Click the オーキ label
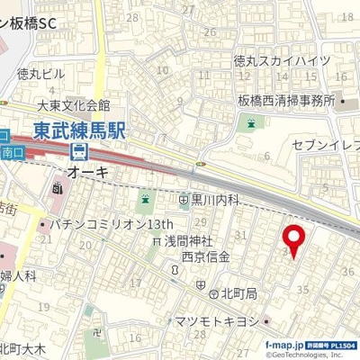(x=88, y=171)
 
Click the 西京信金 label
(x=205, y=256)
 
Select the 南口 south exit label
(x=13, y=153)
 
